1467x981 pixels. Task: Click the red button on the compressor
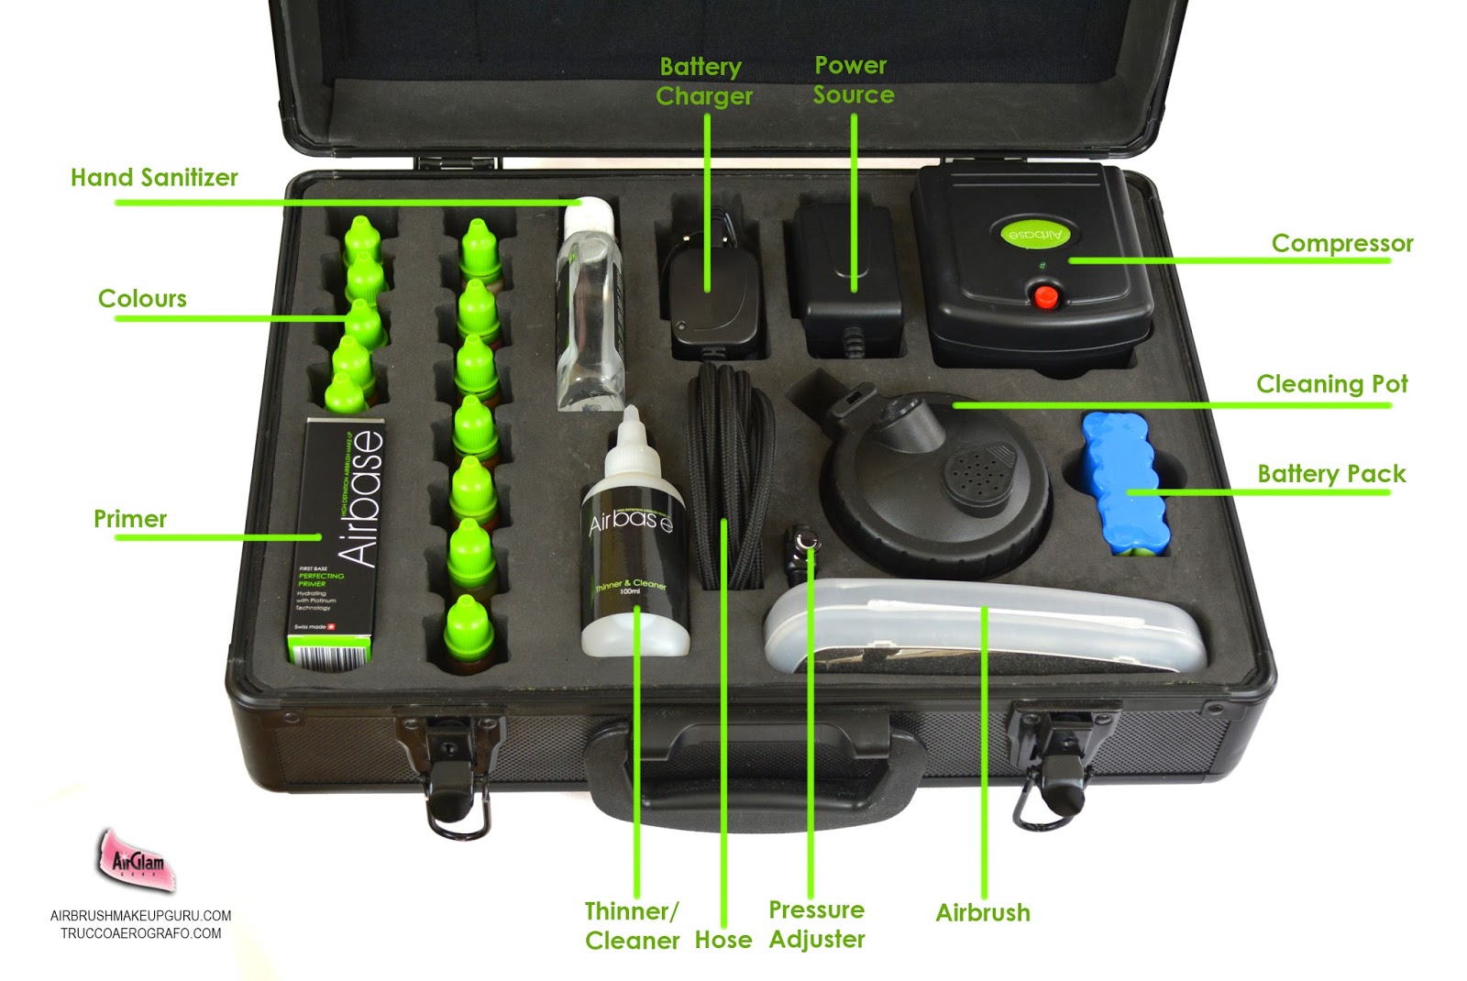point(1045,297)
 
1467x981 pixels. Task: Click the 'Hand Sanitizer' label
point(154,177)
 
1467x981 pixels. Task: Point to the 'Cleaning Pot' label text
point(1331,383)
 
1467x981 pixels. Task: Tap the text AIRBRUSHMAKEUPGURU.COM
point(140,915)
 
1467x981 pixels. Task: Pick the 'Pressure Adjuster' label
point(816,924)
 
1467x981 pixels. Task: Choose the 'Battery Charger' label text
point(703,82)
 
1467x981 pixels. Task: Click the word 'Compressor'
point(1341,243)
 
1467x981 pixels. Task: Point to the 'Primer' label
point(130,519)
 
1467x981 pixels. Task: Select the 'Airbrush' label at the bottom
point(982,912)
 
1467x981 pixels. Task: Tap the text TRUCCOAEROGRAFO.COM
point(140,933)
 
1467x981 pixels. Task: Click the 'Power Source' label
point(852,80)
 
